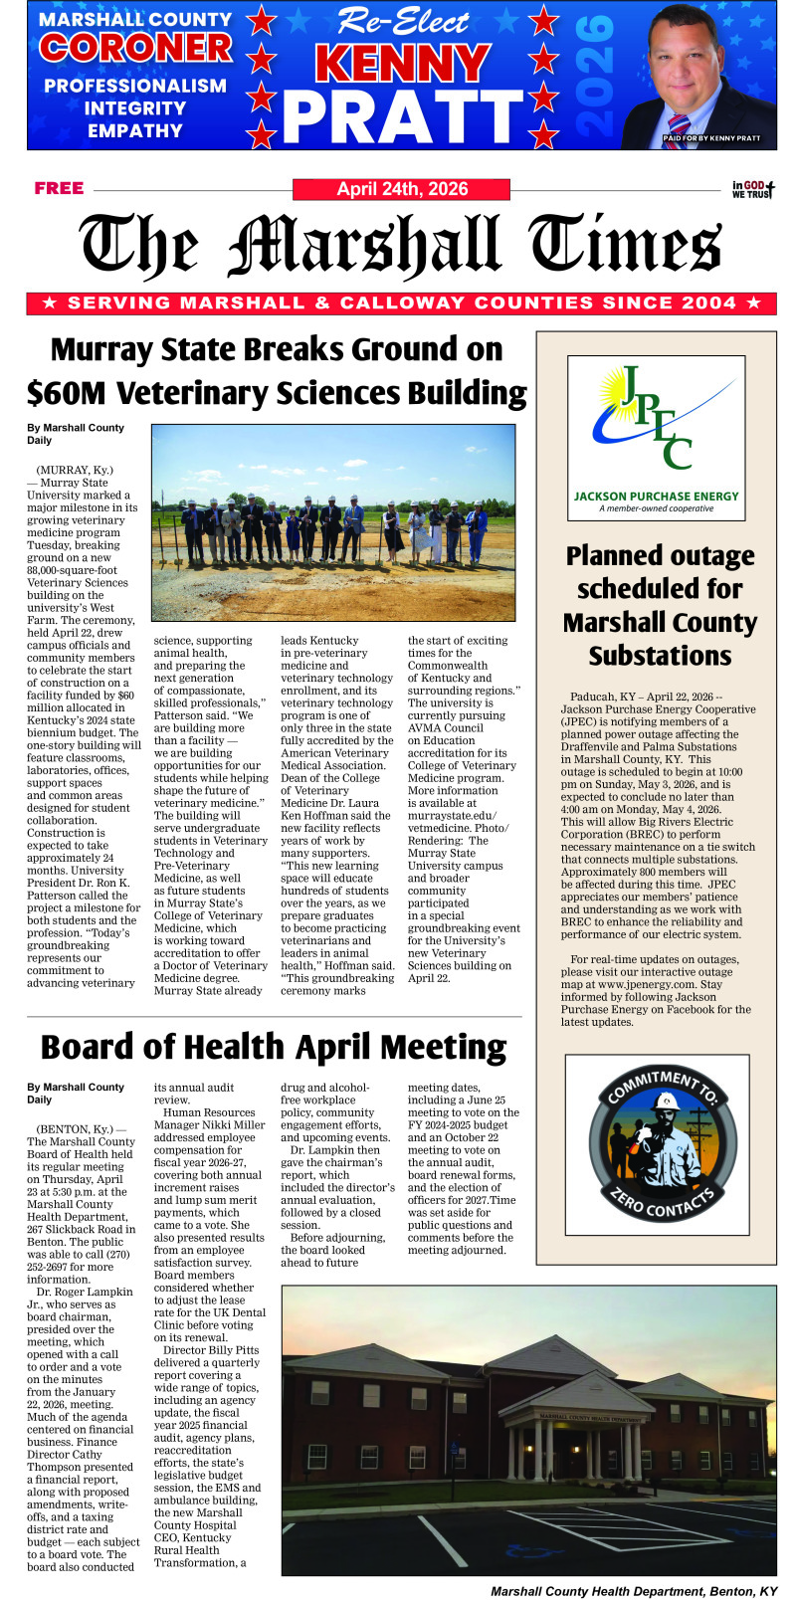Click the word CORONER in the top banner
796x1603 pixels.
(135, 48)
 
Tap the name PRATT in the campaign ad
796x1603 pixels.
(403, 117)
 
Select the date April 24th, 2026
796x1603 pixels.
(402, 189)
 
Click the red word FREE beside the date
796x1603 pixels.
(59, 188)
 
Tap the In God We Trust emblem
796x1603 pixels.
(753, 189)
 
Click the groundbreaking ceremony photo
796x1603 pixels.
(333, 523)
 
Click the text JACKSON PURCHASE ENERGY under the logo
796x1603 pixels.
(657, 496)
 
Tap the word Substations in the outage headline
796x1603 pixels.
(660, 657)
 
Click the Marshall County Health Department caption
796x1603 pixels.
(634, 1591)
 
